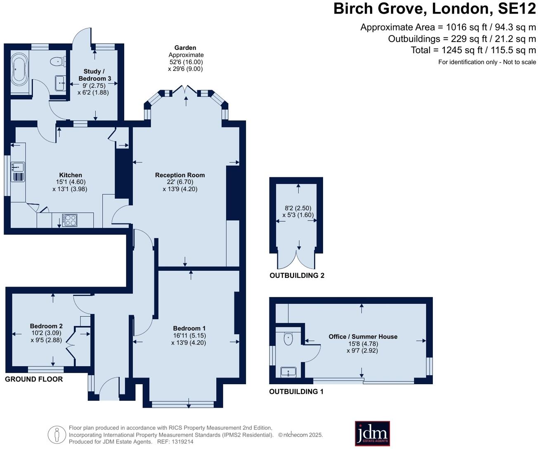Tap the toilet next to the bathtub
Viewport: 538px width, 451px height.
click(x=58, y=62)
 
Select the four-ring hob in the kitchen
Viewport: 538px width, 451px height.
click(x=70, y=220)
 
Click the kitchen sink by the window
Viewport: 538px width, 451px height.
click(x=18, y=167)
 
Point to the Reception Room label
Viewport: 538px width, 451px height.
click(x=180, y=175)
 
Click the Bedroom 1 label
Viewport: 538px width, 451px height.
click(x=189, y=329)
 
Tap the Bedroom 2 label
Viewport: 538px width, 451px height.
click(x=46, y=326)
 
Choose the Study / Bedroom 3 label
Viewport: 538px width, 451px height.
click(x=94, y=75)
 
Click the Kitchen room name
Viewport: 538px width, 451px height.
click(x=70, y=175)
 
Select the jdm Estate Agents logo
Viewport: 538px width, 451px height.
click(x=372, y=434)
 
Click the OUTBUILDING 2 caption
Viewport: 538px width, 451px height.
click(x=297, y=275)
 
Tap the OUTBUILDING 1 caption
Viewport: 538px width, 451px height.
click(x=296, y=392)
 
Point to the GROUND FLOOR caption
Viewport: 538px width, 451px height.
click(x=34, y=379)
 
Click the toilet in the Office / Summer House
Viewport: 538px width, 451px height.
click(x=288, y=338)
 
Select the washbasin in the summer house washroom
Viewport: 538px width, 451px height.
click(x=288, y=372)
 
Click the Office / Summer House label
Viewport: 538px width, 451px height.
click(x=363, y=337)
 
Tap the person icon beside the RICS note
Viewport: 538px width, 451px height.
click(x=57, y=435)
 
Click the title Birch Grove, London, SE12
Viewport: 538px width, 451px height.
click(x=435, y=9)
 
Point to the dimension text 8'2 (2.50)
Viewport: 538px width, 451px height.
click(x=298, y=208)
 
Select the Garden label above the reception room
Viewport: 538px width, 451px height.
click(x=185, y=48)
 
